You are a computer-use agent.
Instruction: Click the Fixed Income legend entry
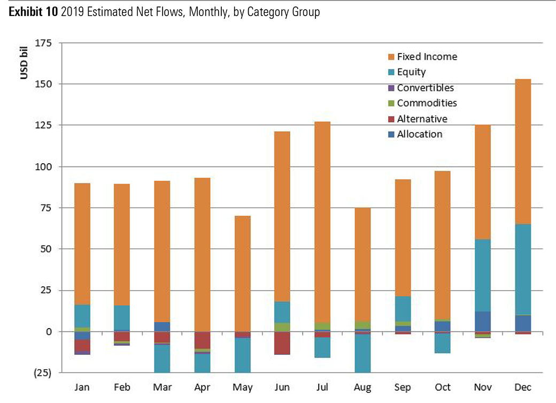pyautogui.click(x=427, y=57)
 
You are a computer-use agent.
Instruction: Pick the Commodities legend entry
pyautogui.click(x=427, y=103)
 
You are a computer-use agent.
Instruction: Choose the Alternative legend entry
pyautogui.click(x=422, y=119)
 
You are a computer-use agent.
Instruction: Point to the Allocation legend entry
pyautogui.click(x=419, y=134)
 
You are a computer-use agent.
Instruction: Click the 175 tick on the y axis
pyautogui.click(x=43, y=43)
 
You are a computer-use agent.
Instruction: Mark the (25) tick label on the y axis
pyautogui.click(x=42, y=374)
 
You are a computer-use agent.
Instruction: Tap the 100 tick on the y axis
pyautogui.click(x=43, y=167)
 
